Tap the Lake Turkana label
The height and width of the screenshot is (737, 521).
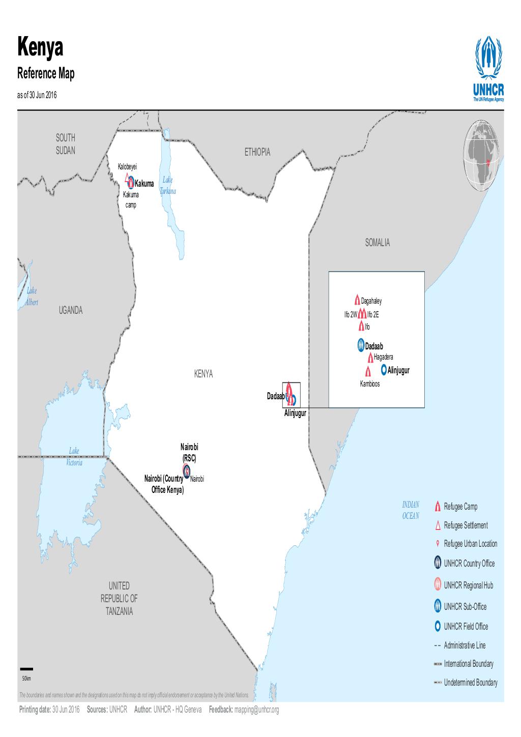(168, 186)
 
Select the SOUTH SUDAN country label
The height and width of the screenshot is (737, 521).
(66, 144)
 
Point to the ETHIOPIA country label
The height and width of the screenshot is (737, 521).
(257, 152)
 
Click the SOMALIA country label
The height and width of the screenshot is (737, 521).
(377, 243)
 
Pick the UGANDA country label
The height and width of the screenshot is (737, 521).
(70, 310)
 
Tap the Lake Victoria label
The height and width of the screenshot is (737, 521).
(74, 457)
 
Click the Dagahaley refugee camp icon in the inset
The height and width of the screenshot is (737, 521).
(357, 300)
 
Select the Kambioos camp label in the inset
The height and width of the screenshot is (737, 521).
(370, 384)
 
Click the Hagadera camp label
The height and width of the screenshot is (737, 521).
(383, 357)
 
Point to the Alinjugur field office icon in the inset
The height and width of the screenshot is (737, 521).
(384, 369)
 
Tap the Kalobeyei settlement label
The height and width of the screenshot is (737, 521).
(128, 166)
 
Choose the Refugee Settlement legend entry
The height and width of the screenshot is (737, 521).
(466, 525)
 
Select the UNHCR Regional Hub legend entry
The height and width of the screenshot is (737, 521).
(468, 585)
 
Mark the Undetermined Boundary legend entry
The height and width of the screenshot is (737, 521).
(470, 683)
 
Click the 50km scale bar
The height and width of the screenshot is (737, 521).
(26, 669)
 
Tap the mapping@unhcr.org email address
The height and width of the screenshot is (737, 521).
(256, 710)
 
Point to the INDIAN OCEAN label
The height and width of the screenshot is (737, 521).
(411, 510)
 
